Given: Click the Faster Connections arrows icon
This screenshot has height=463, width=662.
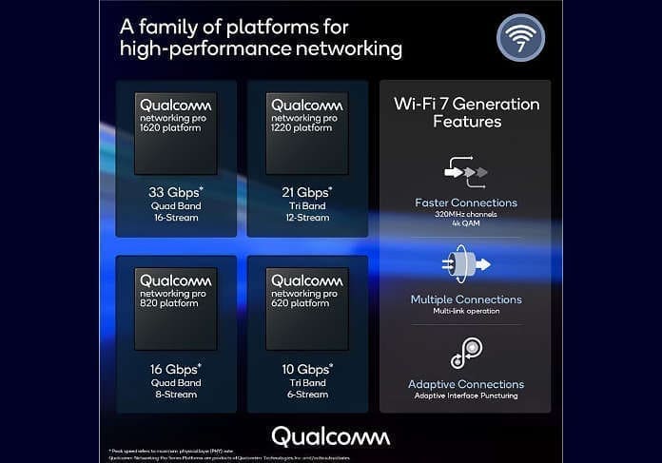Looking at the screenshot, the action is pos(465,171).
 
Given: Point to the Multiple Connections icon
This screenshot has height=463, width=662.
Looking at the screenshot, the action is pos(465,264).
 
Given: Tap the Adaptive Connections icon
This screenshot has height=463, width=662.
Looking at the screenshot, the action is pos(465,353).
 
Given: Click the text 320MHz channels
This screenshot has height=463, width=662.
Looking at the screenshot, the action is pos(465,214).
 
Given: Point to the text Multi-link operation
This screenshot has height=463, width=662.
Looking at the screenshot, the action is pos(465,310).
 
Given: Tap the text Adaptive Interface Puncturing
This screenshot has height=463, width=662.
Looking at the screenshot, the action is pos(465,395).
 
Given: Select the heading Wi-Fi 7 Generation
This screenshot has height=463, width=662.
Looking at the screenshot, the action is pos(466,104).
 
